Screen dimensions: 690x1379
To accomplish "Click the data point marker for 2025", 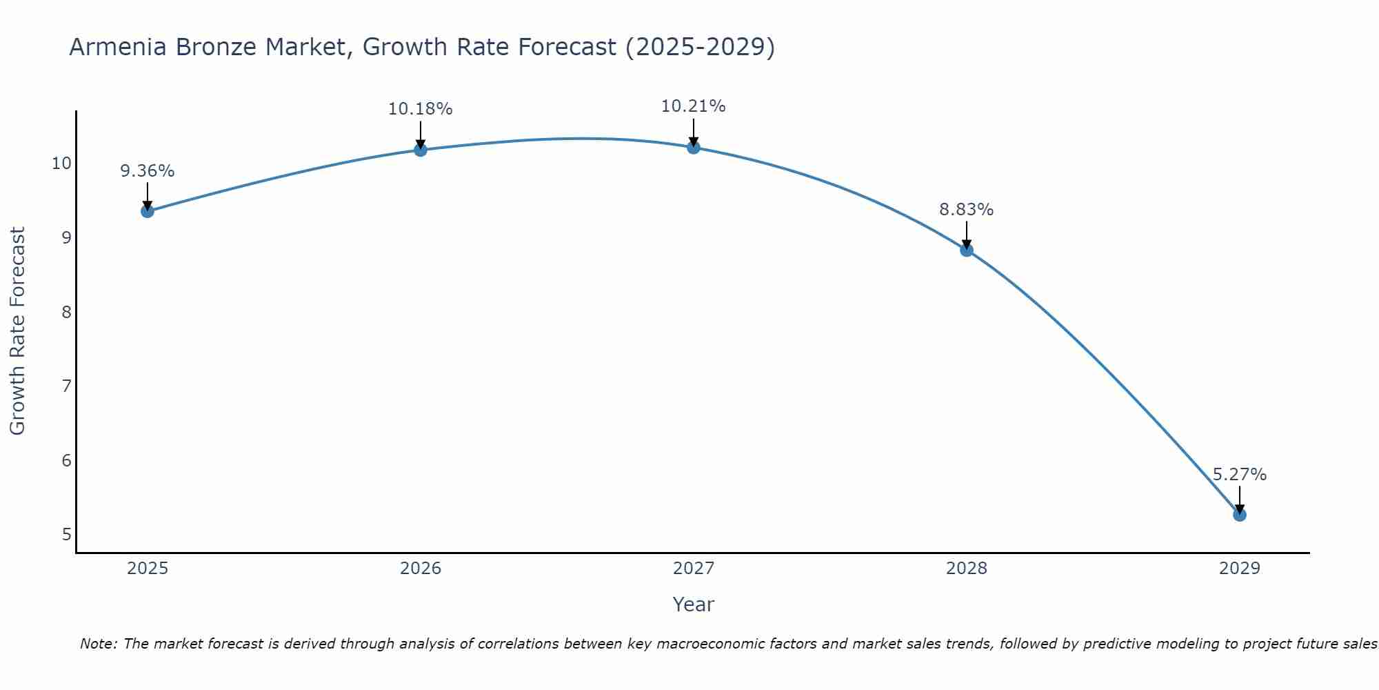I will click(148, 211).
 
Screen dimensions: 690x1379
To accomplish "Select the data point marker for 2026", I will click(421, 150).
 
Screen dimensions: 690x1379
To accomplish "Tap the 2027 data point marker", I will click(694, 148).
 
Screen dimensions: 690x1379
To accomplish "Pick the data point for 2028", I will click(967, 250).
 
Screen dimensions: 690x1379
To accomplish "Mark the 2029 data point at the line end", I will click(1240, 515).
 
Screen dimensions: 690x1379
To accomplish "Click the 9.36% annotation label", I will click(148, 171).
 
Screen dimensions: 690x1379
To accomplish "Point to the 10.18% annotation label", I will click(421, 109).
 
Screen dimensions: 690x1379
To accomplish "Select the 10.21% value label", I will click(694, 106).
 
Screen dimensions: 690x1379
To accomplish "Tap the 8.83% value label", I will click(967, 210).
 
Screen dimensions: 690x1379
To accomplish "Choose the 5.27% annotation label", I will click(1240, 475).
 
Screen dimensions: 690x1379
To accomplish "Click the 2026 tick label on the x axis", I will click(421, 569).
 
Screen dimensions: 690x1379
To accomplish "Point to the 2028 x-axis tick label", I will click(967, 569).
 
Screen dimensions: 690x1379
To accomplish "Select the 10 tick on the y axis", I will click(61, 164).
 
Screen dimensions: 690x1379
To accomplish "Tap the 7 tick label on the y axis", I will click(66, 386).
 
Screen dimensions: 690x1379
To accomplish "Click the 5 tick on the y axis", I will click(66, 534).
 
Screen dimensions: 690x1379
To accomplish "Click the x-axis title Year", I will click(694, 604).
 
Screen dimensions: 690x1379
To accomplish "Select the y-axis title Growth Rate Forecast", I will click(18, 331).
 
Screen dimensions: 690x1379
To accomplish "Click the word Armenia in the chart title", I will click(118, 48).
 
